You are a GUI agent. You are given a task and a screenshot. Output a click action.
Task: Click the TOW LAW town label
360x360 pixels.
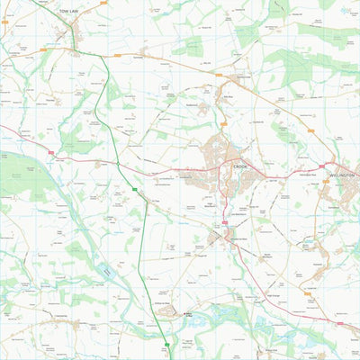pos(68,10)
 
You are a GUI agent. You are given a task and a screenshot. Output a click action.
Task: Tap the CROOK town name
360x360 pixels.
pos(239,167)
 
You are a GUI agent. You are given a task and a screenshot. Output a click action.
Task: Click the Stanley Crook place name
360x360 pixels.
pos(243,76)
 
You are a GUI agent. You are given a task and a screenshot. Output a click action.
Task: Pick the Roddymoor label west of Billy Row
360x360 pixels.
pos(203,102)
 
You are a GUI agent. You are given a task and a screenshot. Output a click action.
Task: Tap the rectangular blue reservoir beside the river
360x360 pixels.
pos(107,269)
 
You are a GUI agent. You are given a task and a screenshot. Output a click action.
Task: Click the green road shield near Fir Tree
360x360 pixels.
pos(135,190)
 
